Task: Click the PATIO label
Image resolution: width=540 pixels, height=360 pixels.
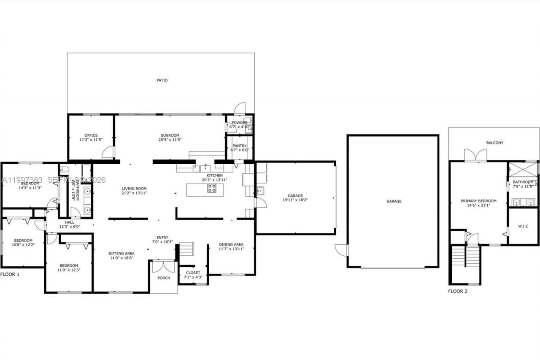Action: point(162,80)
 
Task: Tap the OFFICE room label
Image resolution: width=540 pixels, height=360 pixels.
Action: point(91,135)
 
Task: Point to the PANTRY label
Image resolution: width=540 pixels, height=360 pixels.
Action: point(240,146)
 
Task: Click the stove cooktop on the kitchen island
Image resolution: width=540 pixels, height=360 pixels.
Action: point(212,189)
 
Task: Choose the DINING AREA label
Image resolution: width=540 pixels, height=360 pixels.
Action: point(231,244)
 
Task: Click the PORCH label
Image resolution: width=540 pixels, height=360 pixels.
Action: point(164,278)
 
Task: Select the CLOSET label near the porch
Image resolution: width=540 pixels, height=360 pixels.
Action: point(193,273)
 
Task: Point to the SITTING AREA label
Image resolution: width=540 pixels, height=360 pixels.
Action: point(121,254)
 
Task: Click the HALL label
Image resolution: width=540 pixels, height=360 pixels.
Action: point(70,222)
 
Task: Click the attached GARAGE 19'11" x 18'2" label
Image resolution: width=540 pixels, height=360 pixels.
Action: point(295,196)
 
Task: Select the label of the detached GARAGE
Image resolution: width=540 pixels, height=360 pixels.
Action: point(394,201)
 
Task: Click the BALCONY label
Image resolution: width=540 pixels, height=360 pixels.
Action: point(494,143)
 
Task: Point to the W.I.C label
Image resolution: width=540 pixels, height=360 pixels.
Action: point(523,226)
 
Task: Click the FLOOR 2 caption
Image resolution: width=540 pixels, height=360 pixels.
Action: point(458,291)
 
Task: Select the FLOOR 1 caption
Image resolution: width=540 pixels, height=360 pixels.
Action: point(10,274)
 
